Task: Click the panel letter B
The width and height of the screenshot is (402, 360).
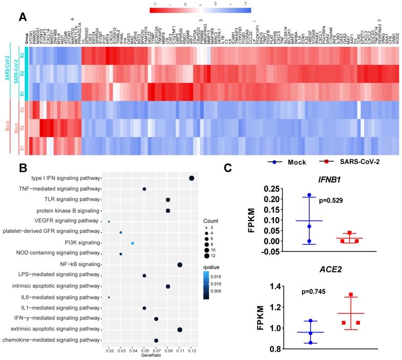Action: (23, 168)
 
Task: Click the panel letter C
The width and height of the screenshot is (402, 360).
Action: (229, 168)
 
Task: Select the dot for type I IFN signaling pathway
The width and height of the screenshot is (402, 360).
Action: (192, 178)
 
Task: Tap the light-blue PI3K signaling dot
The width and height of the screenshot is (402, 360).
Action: (133, 243)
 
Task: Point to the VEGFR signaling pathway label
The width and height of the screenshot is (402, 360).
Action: (67, 221)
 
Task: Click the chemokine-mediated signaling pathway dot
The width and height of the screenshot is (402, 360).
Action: (156, 340)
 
